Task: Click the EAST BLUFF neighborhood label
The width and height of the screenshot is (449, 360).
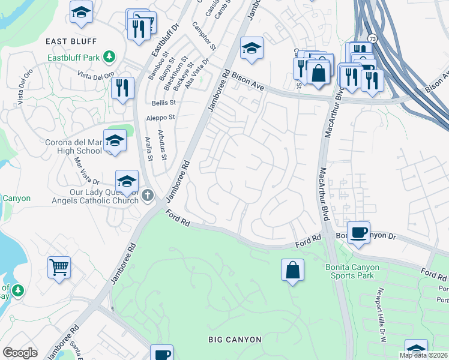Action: (71, 41)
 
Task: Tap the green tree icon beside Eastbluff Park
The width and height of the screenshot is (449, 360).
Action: (109, 57)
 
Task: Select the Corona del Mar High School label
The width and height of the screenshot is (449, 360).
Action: (73, 146)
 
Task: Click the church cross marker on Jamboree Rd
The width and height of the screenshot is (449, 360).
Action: (148, 194)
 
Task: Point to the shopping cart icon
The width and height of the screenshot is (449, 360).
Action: (59, 267)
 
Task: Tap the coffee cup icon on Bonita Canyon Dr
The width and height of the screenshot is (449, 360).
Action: (358, 232)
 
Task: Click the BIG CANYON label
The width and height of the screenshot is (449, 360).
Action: (235, 340)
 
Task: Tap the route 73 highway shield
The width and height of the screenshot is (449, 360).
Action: (373, 38)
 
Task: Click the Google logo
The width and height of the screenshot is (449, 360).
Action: (19, 353)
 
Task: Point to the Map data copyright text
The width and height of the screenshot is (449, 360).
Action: (423, 355)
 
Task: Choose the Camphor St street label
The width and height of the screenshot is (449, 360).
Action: (202, 35)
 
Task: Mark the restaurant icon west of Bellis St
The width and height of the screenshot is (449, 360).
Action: (122, 88)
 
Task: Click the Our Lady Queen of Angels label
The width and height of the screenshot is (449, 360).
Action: (73, 197)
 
